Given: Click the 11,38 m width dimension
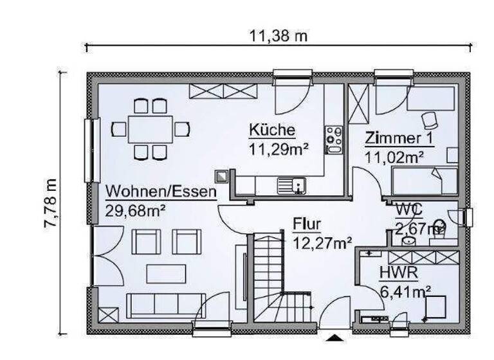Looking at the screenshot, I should (279, 36).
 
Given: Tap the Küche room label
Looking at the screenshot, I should (272, 130).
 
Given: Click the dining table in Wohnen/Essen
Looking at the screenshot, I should (150, 129).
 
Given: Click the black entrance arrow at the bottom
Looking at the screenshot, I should (334, 337).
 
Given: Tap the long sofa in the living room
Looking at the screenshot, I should (165, 305).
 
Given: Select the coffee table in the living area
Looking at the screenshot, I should (165, 274).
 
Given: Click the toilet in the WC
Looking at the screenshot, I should (439, 226).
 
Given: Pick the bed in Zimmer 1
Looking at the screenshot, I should (425, 181).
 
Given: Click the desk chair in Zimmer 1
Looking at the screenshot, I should (429, 119).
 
